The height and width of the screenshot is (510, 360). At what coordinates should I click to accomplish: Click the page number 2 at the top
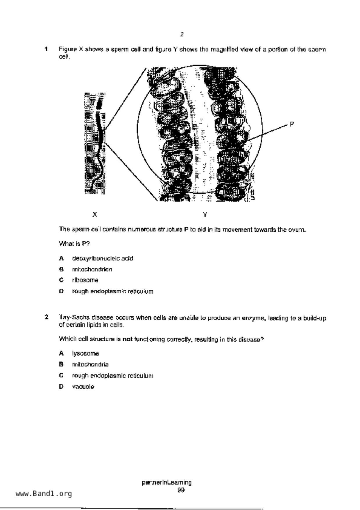[x=182, y=34]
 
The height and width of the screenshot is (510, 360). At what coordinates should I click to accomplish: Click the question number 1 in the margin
[x=46, y=49]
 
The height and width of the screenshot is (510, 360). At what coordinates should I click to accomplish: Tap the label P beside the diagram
[x=292, y=124]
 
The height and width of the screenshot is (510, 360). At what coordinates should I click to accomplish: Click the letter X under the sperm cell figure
[x=95, y=215]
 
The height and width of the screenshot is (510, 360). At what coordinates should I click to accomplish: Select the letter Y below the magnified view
[x=205, y=215]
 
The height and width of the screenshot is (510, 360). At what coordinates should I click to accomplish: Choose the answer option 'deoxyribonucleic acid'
[x=103, y=258]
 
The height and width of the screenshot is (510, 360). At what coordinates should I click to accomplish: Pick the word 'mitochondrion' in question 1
[x=92, y=270]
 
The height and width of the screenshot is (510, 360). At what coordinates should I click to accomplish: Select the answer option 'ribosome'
[x=85, y=280]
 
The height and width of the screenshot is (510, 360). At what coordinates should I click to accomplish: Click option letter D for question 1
[x=61, y=291]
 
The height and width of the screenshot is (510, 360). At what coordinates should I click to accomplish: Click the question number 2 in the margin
[x=46, y=317]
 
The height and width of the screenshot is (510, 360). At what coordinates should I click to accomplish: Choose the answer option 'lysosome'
[x=85, y=354]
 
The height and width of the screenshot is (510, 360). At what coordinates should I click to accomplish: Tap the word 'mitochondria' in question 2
[x=90, y=365]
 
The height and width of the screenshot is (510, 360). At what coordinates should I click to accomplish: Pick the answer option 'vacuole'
[x=83, y=387]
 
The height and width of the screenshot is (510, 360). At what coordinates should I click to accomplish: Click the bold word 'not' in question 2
[x=128, y=339]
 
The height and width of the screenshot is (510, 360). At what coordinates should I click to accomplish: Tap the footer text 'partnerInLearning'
[x=166, y=483]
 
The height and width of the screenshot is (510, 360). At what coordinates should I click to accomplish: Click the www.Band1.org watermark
[x=44, y=494]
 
